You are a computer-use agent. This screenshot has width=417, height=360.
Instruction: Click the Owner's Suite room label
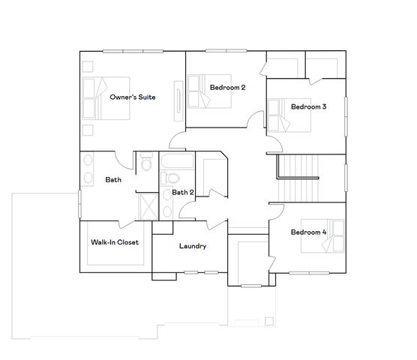point(133,97)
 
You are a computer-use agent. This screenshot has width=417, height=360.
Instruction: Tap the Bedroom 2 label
point(227,88)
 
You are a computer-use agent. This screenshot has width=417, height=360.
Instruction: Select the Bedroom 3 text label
point(308,106)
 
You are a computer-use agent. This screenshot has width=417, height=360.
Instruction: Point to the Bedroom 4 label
point(308,232)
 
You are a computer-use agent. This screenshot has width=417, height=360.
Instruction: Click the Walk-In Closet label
point(115,243)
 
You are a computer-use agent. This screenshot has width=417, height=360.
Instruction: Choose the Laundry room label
point(193,246)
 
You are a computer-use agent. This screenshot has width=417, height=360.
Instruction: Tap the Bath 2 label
point(183,193)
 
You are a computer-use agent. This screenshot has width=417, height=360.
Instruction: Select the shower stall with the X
point(148,205)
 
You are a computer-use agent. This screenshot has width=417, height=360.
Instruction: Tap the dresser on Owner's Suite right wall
point(178,100)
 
